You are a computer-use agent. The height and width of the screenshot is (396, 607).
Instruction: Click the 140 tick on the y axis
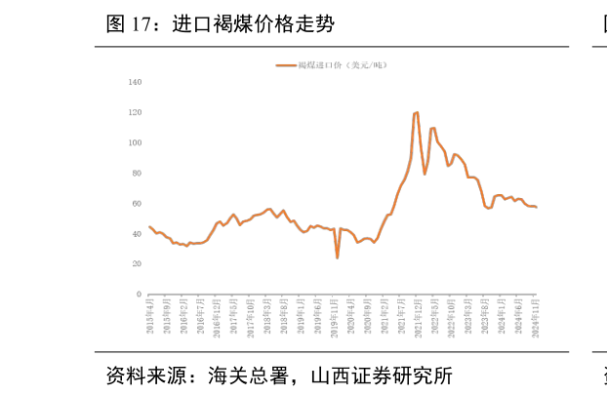[x=135, y=82]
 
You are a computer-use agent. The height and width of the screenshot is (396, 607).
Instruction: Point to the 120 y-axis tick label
[x=135, y=112]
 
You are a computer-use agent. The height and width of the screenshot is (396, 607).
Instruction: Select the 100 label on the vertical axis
[x=135, y=142]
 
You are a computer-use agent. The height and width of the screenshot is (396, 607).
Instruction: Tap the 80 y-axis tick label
[x=137, y=173]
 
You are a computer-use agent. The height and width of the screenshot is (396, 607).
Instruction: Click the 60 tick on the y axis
[x=137, y=203]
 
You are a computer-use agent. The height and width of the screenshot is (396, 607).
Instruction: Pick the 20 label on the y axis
[x=137, y=263]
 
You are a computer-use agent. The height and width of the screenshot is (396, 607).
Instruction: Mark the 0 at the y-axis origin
[x=139, y=294]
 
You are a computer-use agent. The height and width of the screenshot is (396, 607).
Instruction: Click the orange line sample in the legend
[x=287, y=65]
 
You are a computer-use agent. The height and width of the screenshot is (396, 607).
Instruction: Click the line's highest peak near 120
[x=417, y=112]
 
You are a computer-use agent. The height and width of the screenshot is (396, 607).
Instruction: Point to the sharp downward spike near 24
[x=338, y=257]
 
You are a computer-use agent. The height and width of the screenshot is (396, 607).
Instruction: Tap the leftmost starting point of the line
[x=149, y=226]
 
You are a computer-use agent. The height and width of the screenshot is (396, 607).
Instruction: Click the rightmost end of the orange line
[x=536, y=207]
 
